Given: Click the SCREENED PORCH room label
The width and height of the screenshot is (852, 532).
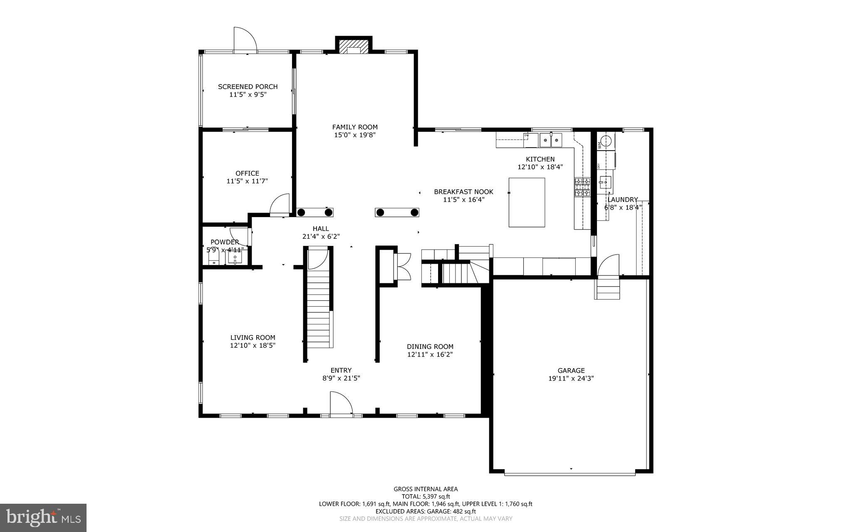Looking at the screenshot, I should [248, 87].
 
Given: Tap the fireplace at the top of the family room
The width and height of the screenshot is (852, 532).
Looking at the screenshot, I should [353, 47].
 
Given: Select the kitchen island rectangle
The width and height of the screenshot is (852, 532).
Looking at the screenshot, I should [527, 203].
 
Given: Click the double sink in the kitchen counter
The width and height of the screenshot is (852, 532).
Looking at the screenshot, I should [551, 140].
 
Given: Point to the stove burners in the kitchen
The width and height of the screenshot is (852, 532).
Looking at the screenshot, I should [582, 187].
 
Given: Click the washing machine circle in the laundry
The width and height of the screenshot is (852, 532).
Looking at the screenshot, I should [607, 141].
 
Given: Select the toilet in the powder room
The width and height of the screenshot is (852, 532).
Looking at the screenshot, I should [214, 258].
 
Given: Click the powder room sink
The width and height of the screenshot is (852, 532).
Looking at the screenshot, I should [235, 258].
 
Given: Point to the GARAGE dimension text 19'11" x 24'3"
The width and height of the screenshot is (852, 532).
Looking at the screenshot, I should [571, 379].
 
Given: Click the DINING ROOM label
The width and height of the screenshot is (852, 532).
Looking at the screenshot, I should [430, 346].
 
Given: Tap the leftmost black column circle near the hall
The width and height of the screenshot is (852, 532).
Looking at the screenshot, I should [302, 213].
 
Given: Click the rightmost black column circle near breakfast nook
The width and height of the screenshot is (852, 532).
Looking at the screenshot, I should [414, 213].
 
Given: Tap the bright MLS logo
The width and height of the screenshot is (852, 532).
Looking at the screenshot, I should [43, 517].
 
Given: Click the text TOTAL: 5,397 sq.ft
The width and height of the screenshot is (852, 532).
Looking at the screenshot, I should [426, 496].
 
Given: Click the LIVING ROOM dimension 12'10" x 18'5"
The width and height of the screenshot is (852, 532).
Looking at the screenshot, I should [253, 345].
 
